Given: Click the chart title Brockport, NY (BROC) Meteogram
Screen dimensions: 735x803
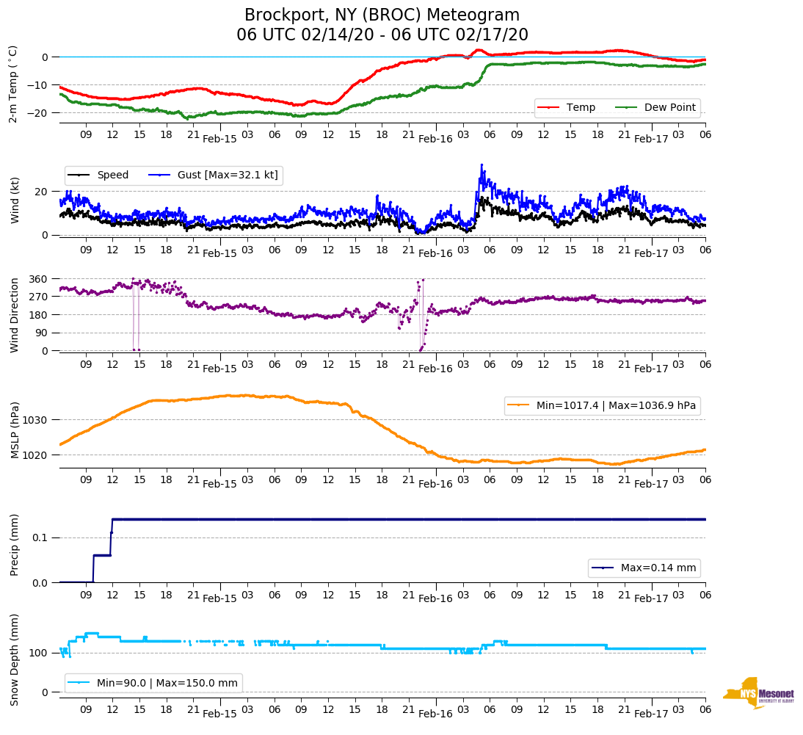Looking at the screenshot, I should click(382, 15).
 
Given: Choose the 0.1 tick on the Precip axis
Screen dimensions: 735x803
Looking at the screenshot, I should click(41, 537).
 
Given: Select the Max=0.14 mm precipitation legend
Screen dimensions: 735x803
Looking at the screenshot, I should click(644, 568).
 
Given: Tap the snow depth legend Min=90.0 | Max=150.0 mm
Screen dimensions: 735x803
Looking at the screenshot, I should click(153, 683).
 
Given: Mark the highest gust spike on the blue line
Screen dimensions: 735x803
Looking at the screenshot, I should click(482, 164).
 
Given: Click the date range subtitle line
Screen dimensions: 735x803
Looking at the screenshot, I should click(382, 35).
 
